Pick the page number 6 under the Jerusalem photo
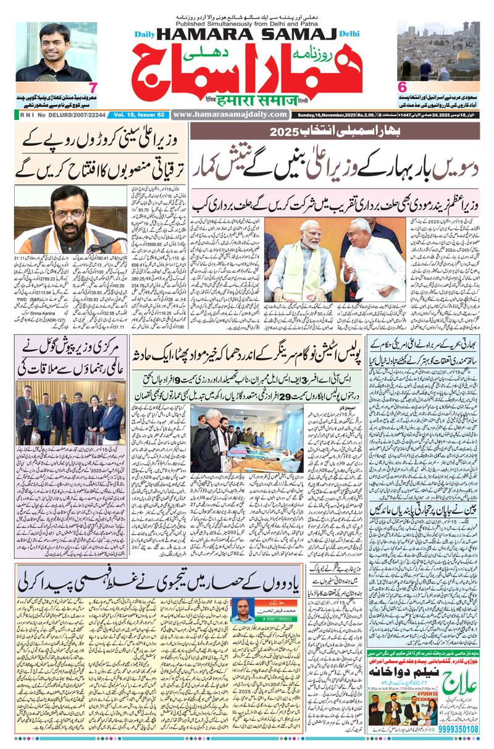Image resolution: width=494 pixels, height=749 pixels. [402, 88]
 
